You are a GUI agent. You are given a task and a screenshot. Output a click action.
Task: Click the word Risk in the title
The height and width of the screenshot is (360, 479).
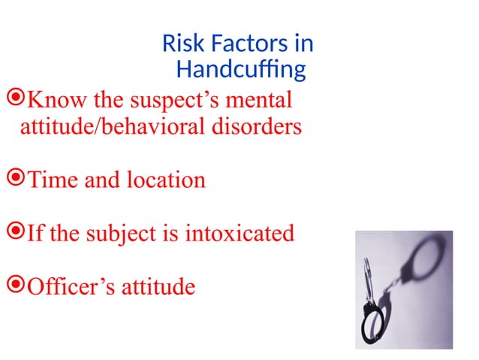179,44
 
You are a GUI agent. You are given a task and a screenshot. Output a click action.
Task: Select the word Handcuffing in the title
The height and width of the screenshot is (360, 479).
240,71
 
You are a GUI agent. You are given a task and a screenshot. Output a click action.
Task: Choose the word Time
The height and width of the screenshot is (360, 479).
50,180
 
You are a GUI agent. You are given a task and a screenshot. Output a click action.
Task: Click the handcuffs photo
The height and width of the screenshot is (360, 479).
404,289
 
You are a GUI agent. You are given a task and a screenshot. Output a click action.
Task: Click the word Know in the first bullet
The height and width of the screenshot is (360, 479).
51,99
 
